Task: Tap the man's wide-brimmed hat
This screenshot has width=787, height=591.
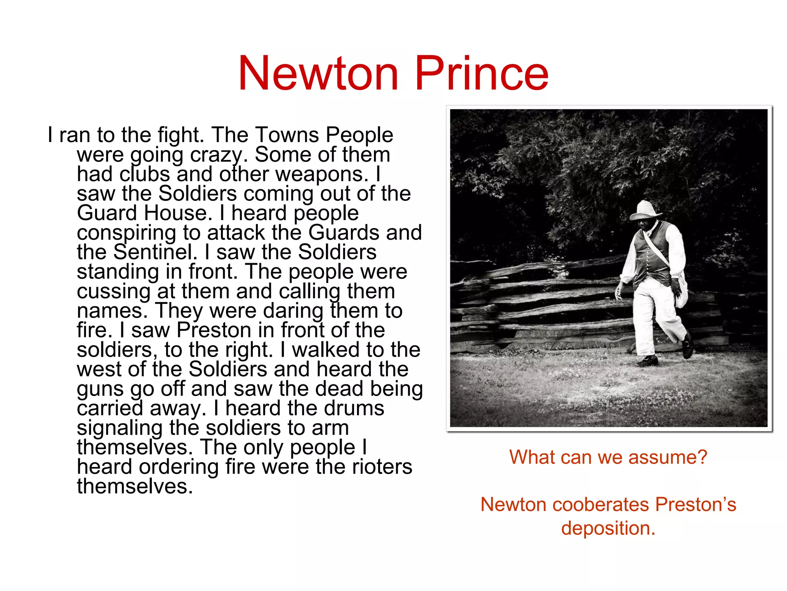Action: tap(646, 211)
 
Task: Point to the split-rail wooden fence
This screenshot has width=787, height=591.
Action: tap(538, 304)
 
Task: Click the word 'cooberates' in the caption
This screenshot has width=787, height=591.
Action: tap(600, 504)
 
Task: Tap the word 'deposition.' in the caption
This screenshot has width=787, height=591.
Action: tap(608, 528)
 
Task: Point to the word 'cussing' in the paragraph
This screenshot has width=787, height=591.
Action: tap(114, 292)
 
